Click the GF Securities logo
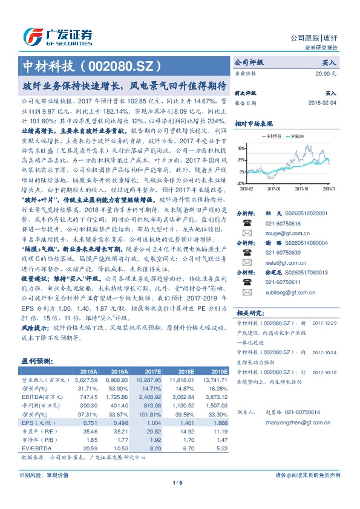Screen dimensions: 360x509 point(57,35)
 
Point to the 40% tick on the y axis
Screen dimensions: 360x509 point(241,148)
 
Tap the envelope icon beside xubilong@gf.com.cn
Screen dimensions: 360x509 point(247,293)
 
